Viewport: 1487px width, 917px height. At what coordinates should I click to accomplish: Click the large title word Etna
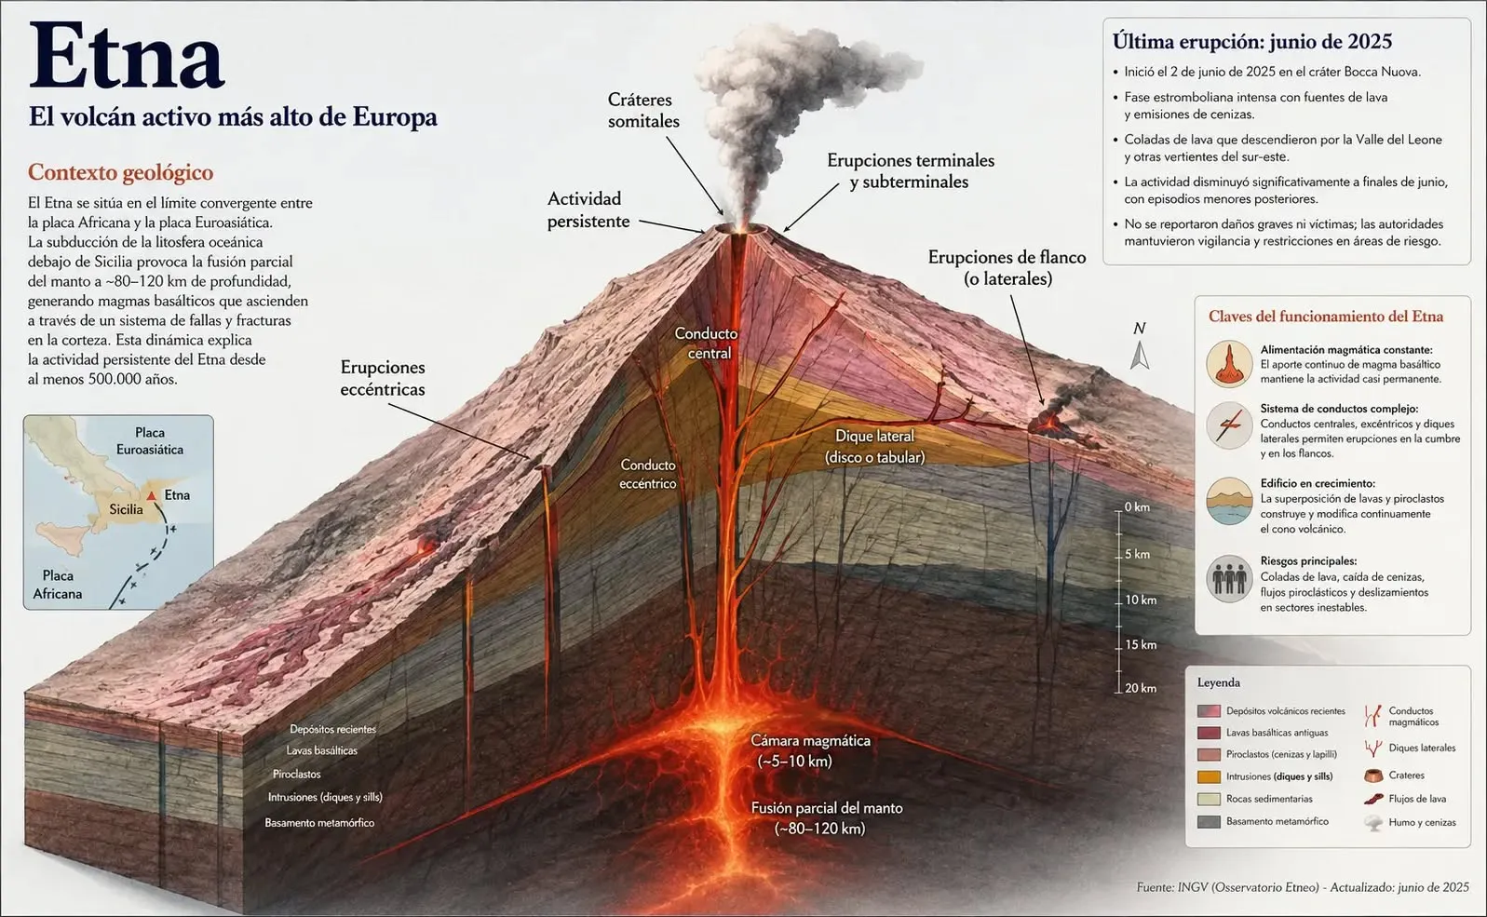pyautogui.click(x=126, y=56)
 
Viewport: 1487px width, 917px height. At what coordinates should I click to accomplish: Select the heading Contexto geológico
pyautogui.click(x=120, y=172)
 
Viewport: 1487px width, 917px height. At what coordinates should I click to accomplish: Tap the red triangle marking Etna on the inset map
pyautogui.click(x=152, y=495)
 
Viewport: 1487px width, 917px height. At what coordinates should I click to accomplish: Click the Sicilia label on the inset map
pyautogui.click(x=126, y=509)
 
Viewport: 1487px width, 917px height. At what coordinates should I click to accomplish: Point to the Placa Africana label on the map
pyautogui.click(x=58, y=585)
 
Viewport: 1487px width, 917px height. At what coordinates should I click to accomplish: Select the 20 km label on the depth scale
pyautogui.click(x=1140, y=688)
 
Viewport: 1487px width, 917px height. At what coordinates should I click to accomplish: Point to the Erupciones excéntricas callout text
pyautogui.click(x=383, y=378)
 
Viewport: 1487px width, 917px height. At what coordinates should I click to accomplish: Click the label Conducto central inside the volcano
pyautogui.click(x=707, y=343)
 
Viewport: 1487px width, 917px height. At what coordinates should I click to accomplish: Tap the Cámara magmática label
pyautogui.click(x=810, y=750)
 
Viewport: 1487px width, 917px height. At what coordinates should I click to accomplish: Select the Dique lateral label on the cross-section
pyautogui.click(x=874, y=447)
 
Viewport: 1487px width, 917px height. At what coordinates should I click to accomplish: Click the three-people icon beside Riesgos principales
pyautogui.click(x=1229, y=579)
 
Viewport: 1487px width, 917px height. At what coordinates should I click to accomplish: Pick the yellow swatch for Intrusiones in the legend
pyautogui.click(x=1209, y=776)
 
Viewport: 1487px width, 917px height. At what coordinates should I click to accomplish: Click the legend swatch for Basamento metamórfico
pyautogui.click(x=1209, y=821)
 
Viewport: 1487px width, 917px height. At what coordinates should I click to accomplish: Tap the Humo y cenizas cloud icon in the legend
pyautogui.click(x=1373, y=823)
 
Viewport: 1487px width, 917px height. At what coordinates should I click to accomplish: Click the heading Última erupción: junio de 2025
pyautogui.click(x=1252, y=41)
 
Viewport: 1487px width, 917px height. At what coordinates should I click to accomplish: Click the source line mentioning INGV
pyautogui.click(x=1303, y=887)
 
